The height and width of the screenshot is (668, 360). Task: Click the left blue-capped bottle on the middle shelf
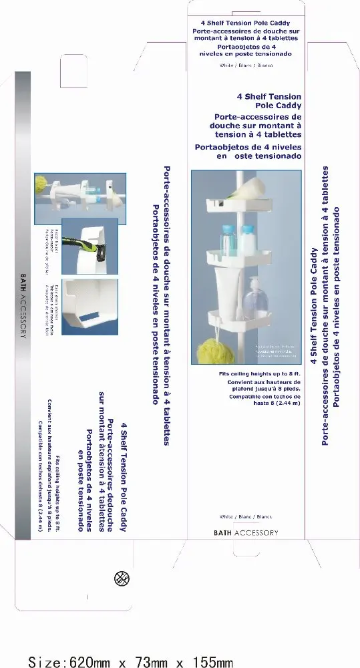coord(229,237)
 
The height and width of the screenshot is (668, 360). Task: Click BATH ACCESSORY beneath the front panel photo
coord(245,532)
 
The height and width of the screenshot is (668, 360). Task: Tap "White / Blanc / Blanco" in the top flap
coord(246,66)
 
